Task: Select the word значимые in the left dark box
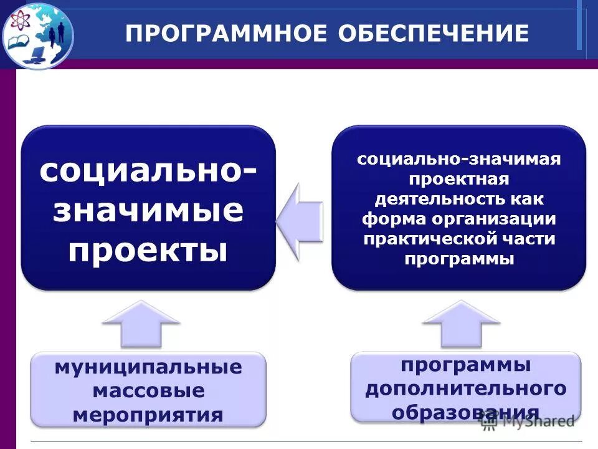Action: coord(148,210)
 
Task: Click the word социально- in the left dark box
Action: coord(148,170)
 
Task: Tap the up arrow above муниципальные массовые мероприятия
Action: coord(141,324)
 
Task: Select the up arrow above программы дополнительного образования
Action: coord(461,324)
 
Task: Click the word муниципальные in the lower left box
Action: coord(148,367)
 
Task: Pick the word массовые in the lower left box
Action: coord(148,391)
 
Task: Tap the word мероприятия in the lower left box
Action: coord(148,415)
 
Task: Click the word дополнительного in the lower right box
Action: coord(466,389)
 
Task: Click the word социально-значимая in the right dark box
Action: coord(459,159)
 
